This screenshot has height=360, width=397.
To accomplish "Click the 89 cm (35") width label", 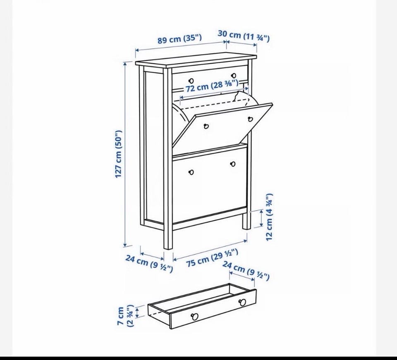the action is tap(179, 39).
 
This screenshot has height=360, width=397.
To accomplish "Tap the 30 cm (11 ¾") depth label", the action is tap(244, 36).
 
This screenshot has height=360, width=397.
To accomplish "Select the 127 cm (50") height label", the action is tap(119, 154).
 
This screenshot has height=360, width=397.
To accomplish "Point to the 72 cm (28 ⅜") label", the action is tap(212, 86).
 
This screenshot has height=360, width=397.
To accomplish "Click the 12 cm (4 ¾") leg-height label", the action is tap(269, 217).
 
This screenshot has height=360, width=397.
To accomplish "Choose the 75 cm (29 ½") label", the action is tap(212, 257).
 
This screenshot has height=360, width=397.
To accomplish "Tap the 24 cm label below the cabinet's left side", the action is tap(149, 263).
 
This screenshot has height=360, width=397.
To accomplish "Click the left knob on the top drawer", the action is tap(191, 81).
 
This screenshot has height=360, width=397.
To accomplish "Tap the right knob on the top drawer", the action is tap(234, 75).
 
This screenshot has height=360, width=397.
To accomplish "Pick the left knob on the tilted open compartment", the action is tap(206, 126).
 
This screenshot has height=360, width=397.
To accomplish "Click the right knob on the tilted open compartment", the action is tap(251, 119).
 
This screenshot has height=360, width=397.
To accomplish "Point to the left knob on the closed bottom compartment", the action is tap(191, 172).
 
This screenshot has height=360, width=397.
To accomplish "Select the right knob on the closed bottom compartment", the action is tap(233, 164).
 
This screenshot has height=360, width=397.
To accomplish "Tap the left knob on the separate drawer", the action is tap(195, 316).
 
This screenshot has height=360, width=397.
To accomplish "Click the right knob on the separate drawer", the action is tap(242, 302).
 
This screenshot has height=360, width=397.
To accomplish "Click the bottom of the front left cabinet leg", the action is tap(168, 248).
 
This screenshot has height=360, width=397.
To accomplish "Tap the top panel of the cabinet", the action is tap(196, 60).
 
